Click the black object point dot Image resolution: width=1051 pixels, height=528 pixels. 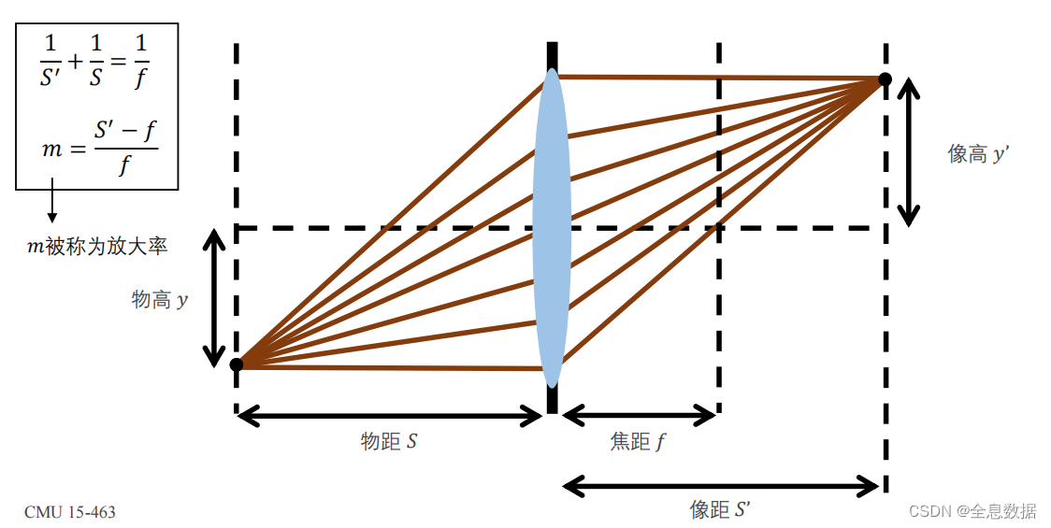[x=237, y=364]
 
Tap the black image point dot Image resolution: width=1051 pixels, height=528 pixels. [x=885, y=79]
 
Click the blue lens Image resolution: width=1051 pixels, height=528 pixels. [x=552, y=227]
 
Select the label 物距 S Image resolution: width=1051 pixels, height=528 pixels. [x=389, y=441]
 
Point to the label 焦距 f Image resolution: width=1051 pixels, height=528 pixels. [x=639, y=441]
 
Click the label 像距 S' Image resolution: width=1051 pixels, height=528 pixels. [x=720, y=509]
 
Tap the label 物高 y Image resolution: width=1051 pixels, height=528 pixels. [x=160, y=299]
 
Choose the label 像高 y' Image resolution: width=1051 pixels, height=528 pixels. [x=978, y=154]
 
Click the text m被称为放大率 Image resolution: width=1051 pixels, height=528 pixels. [x=97, y=247]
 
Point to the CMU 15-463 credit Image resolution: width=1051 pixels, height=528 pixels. [x=70, y=512]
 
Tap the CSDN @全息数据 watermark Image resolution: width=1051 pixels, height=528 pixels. [x=972, y=511]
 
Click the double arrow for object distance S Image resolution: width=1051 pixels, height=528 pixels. [x=389, y=415]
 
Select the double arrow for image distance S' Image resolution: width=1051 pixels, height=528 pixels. [x=721, y=486]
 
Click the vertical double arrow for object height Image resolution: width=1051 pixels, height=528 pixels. [x=215, y=299]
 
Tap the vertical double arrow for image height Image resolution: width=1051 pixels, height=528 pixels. [x=907, y=152]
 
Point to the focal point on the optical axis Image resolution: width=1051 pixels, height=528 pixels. [x=718, y=227]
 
